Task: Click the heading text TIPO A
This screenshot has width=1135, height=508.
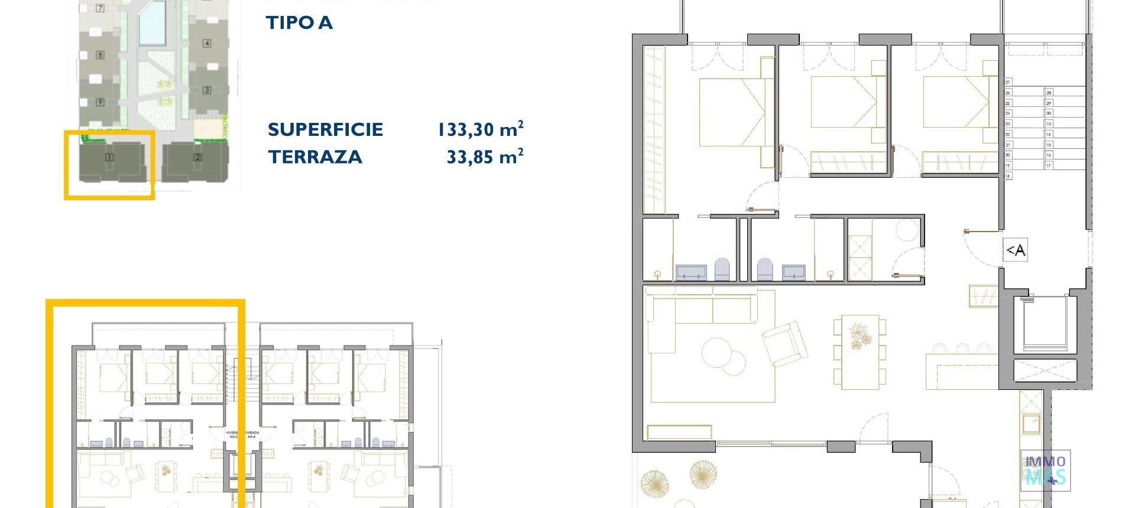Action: coord(299,23)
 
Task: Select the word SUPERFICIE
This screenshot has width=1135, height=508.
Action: coord(325,130)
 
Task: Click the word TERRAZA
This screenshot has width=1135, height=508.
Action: coord(315,157)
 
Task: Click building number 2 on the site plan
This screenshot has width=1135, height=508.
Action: coord(197,157)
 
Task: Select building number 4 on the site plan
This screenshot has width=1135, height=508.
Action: coord(206,43)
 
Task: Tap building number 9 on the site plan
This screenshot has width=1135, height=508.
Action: coord(100,102)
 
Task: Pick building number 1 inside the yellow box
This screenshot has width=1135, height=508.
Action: coord(109,157)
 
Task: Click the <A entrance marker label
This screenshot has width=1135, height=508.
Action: coord(1015,250)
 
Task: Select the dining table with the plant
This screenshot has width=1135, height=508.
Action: coord(860,351)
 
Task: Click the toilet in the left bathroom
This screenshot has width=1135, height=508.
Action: coord(722,269)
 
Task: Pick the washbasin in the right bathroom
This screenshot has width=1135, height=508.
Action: coord(793,272)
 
